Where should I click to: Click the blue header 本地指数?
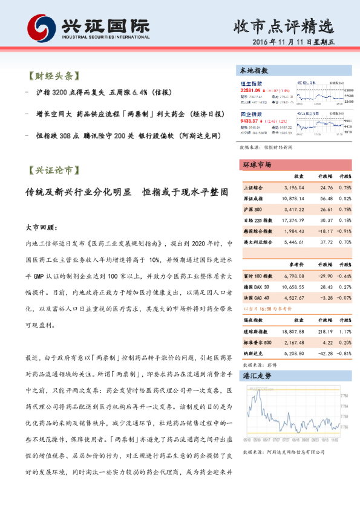255,71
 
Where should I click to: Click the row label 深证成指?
254,198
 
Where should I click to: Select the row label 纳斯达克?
252,353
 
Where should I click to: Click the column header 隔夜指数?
254,322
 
